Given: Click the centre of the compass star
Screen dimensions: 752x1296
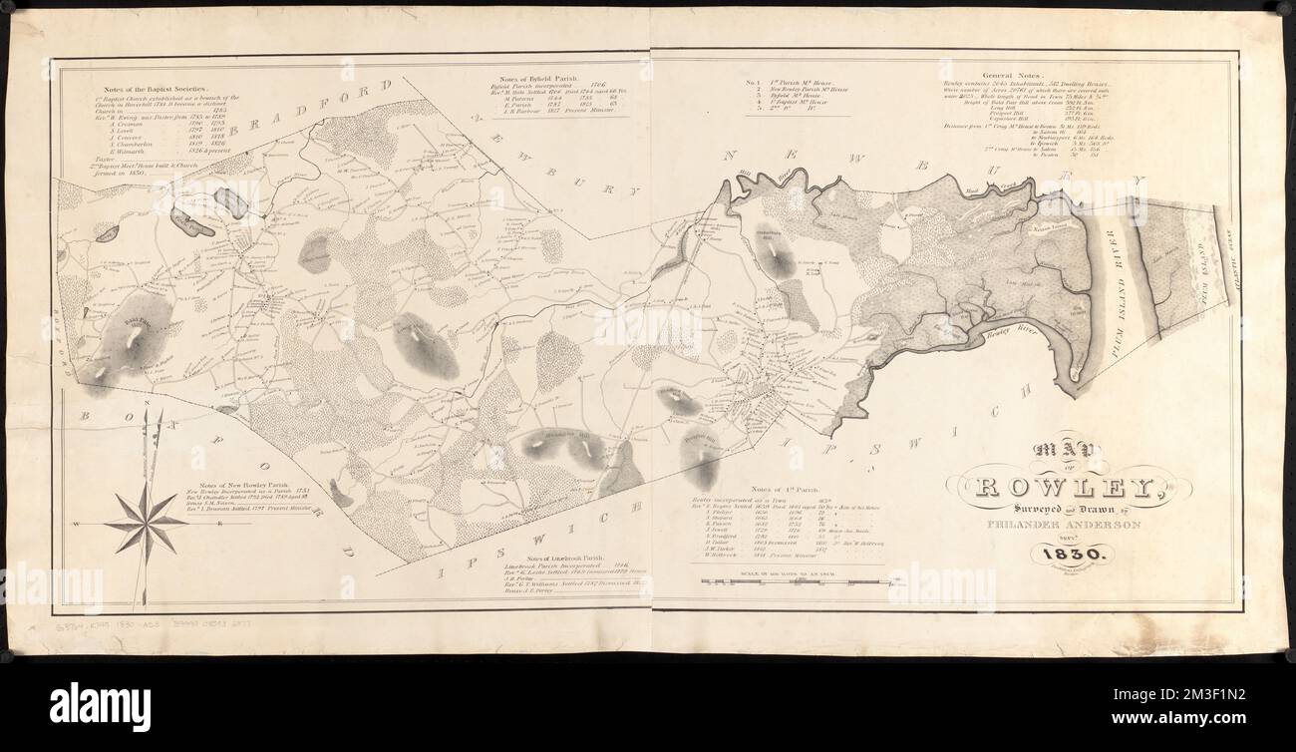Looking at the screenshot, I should [x=146, y=522].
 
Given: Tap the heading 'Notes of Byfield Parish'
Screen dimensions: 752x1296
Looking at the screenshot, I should [x=553, y=78].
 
